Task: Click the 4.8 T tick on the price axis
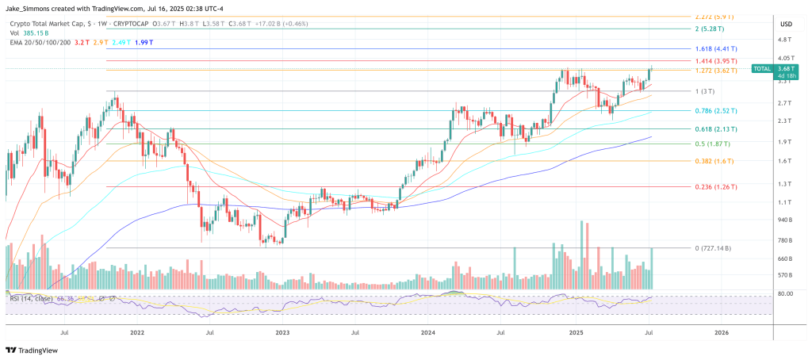[x=785, y=40]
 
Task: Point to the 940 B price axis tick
[x=785, y=220]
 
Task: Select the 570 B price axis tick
[x=785, y=275]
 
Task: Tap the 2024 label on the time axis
[x=428, y=334]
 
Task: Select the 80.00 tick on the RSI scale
[x=785, y=293]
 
